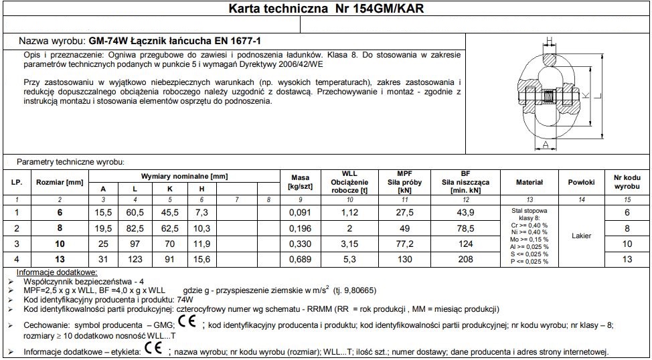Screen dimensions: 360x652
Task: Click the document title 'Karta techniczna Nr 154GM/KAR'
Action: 326,9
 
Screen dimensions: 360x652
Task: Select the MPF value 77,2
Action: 404,243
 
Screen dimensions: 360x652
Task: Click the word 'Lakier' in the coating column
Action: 581,236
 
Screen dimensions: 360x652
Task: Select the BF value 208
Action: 466,258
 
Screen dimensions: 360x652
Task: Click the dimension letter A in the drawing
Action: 546,144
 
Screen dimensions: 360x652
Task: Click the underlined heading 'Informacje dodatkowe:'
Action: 56,272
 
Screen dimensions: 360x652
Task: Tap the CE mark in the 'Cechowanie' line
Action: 187,324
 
